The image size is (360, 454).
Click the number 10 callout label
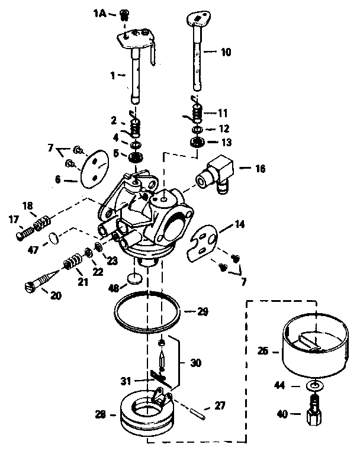click(226, 52)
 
